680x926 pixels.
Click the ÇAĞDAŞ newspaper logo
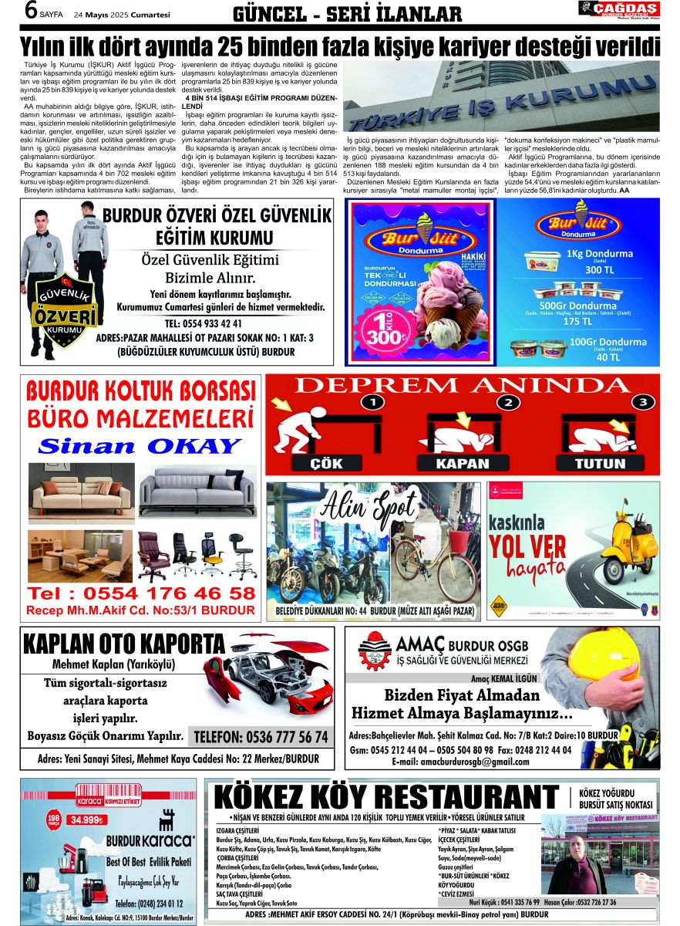coord(619,9)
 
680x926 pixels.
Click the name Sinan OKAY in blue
coord(140,446)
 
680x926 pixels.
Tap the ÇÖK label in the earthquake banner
coord(326,464)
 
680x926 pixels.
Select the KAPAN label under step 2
coord(462,464)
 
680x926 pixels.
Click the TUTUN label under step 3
coord(601,464)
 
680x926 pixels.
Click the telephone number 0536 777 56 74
coord(261,737)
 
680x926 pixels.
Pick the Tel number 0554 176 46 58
coord(141,593)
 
